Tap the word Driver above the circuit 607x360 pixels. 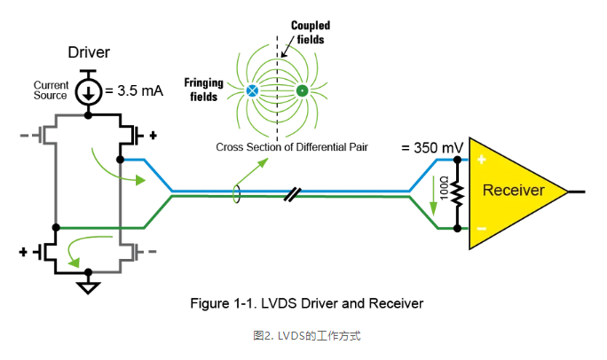click(89, 52)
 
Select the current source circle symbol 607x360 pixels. click(88, 90)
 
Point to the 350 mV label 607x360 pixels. click(431, 148)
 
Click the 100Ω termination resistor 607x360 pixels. click(457, 192)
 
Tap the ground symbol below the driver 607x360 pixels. click(88, 286)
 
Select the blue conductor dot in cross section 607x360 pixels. click(252, 90)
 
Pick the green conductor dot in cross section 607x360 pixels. click(302, 90)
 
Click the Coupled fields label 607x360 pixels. click(310, 32)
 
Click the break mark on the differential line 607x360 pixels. click(293, 193)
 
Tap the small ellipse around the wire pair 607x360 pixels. click(237, 193)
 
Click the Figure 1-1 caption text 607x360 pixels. click(307, 303)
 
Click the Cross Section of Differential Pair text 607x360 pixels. click(292, 146)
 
